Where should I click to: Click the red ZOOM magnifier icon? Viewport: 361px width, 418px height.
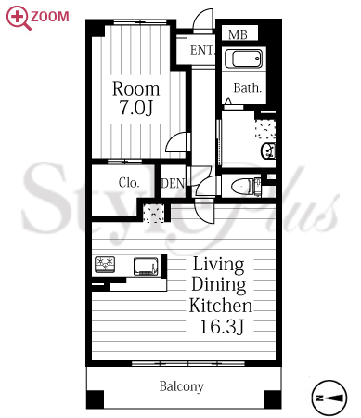pyautogui.click(x=19, y=18)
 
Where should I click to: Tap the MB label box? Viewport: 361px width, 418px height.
pyautogui.click(x=239, y=33)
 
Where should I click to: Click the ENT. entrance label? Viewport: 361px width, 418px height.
pyautogui.click(x=202, y=50)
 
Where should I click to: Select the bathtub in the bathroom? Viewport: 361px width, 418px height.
pyautogui.click(x=244, y=58)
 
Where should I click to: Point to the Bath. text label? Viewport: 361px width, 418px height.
pyautogui.click(x=248, y=88)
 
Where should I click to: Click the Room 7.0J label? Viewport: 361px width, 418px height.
pyautogui.click(x=136, y=98)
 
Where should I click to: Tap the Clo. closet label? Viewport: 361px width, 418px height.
pyautogui.click(x=129, y=182)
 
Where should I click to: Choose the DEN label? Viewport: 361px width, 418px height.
pyautogui.click(x=173, y=183)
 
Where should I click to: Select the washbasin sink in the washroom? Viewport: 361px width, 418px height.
pyautogui.click(x=268, y=150)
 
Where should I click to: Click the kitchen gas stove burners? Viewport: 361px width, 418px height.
pyautogui.click(x=105, y=265)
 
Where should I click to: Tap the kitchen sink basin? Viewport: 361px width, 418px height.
pyautogui.click(x=146, y=266)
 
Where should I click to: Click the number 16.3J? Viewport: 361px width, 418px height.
pyautogui.click(x=222, y=326)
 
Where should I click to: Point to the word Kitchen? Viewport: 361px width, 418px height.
pyautogui.click(x=221, y=306)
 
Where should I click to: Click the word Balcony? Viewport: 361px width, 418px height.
pyautogui.click(x=182, y=386)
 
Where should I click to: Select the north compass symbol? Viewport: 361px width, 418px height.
pyautogui.click(x=329, y=398)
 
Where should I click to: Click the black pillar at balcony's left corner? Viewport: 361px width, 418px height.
pyautogui.click(x=95, y=399)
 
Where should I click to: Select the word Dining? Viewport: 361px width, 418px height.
pyautogui.click(x=219, y=284)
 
